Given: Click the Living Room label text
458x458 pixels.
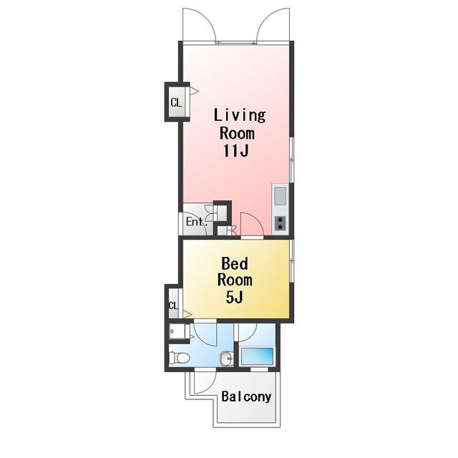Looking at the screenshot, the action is point(240,124).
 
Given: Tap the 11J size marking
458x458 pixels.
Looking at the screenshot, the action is point(236,150).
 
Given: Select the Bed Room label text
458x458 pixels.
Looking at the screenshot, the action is point(235,272).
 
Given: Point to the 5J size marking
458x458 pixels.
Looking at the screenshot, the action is point(234,298).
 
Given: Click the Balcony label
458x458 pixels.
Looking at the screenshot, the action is point(246,396).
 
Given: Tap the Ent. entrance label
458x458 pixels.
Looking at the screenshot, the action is point(197,222).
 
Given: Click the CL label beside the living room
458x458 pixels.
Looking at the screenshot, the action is point(176,102).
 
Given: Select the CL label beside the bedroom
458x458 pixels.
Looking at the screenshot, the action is point(173,306).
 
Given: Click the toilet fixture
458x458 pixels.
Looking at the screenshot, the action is point(180,358).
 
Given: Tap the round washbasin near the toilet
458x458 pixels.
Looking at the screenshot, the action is point(227,358).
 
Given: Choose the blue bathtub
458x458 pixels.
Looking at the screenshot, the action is point(257,356).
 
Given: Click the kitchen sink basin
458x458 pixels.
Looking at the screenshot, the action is point(280,195).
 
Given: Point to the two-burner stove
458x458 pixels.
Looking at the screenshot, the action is point(281,223).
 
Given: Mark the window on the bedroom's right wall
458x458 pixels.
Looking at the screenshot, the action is point(291,260).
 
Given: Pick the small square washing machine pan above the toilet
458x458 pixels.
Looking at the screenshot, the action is point(180,331).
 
